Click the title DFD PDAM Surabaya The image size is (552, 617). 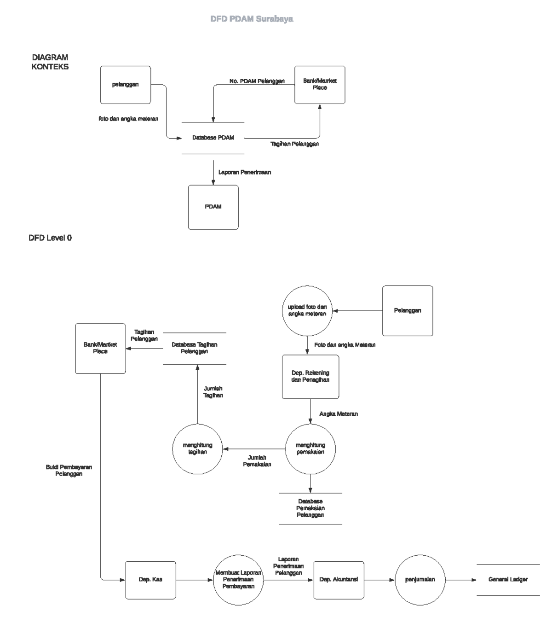tap(252, 19)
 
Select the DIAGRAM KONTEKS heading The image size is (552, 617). tap(50, 62)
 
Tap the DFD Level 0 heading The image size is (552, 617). tap(50, 238)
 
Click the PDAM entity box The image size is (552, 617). tap(213, 207)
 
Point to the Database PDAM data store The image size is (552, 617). tap(213, 138)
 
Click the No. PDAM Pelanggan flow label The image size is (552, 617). tap(257, 81)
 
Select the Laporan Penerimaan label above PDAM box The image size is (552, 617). tap(245, 172)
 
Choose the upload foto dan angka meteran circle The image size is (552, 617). tap(307, 311)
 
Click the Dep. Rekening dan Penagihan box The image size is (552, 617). tap(310, 377)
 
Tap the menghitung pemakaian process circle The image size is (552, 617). tap(310, 449)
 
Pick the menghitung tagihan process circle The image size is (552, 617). tap(197, 449)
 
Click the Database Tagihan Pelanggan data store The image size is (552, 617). tap(195, 348)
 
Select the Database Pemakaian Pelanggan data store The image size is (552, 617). tap(310, 508)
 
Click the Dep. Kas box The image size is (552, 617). tap(151, 580)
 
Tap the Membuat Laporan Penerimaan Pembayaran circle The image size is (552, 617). tap(238, 580)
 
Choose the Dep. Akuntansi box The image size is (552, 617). tap(339, 580)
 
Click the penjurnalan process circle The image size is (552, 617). tap(420, 580)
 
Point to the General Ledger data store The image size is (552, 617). tap(508, 580)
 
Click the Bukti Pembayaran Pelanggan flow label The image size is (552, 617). tap(69, 470)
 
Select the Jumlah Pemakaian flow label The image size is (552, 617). tap(257, 461)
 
